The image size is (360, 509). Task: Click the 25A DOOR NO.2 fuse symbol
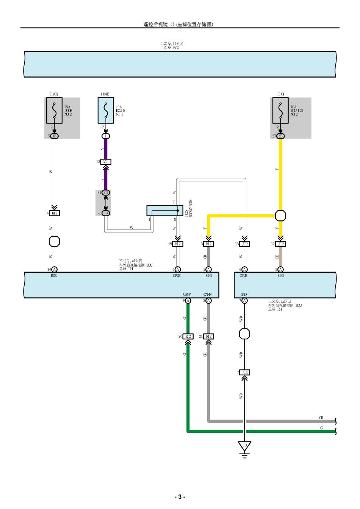tap(54, 110)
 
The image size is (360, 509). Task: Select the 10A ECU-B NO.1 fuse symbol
tap(106, 110)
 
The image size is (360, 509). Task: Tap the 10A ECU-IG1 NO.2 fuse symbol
tap(280, 110)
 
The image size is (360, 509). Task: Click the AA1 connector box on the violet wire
tap(106, 162)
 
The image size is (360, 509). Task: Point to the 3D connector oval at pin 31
tap(106, 192)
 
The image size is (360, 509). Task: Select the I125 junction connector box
tap(165, 211)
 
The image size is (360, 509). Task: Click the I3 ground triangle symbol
tap(245, 446)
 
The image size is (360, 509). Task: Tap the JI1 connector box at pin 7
tap(245, 372)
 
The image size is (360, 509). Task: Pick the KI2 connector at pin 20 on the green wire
tap(188, 336)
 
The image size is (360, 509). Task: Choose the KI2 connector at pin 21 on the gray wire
tap(208, 336)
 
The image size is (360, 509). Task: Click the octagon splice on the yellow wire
tap(280, 215)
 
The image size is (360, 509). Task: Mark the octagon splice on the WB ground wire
tap(245, 334)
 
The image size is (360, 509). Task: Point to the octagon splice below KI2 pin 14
tap(55, 241)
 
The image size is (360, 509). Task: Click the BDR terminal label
tap(54, 276)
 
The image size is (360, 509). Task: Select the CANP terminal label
tap(187, 294)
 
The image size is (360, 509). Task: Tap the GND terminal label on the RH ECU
tap(244, 294)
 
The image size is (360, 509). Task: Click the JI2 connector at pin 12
tap(280, 244)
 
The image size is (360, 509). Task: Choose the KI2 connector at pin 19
tap(178, 244)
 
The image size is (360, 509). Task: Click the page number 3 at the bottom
tap(180, 497)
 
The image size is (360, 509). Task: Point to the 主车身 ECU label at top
tap(170, 48)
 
